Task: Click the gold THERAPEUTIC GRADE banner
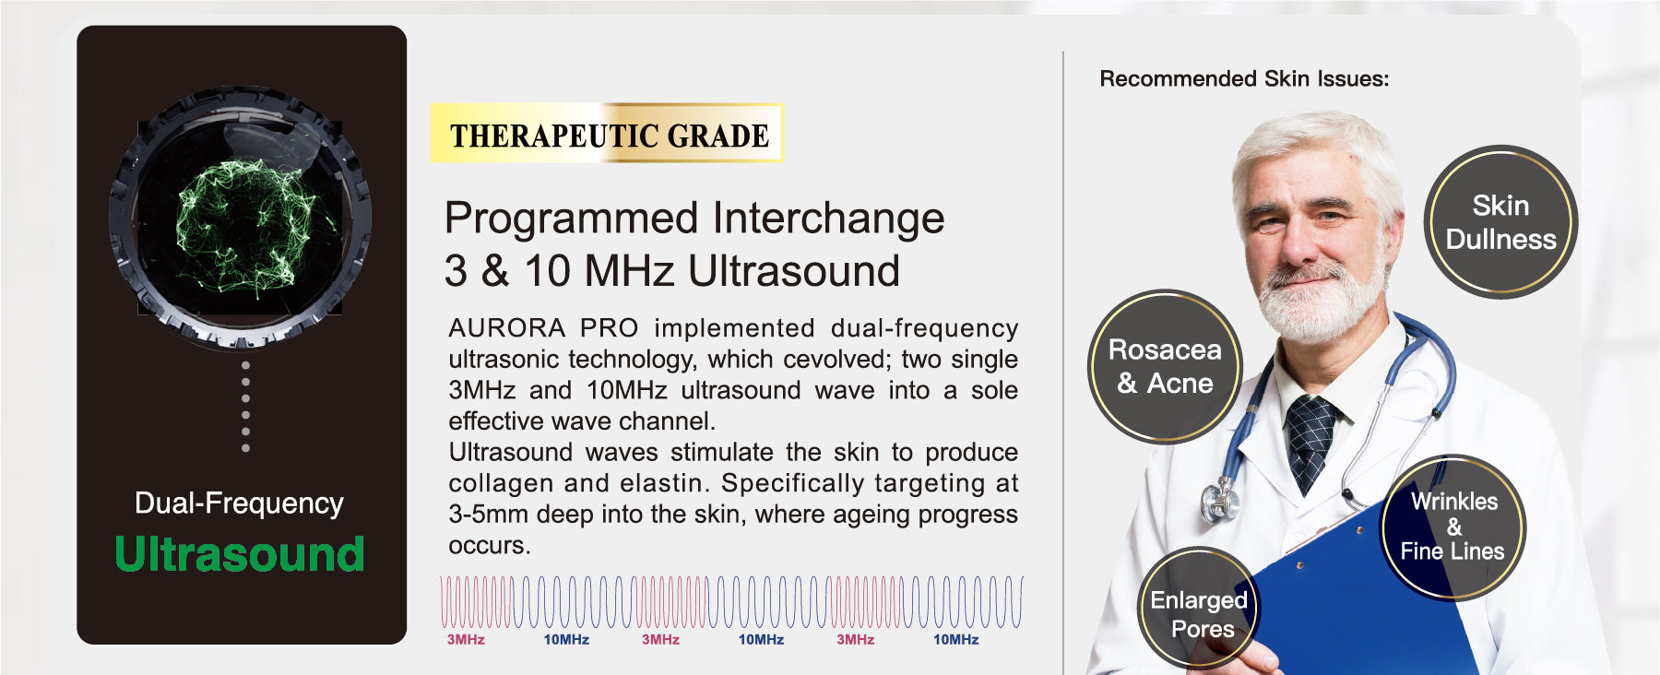coord(607,133)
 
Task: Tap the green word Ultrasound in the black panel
coord(240,554)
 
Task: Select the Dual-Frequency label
coord(239,503)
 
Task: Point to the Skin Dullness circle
coord(1500,222)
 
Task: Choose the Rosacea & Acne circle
coord(1165,366)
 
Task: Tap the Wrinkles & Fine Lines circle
coord(1452,527)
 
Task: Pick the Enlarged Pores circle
coord(1199,609)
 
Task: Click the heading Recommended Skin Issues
coord(1244,79)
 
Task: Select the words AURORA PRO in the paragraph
coord(543,328)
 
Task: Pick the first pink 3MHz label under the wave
coord(466,640)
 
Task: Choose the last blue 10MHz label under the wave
coord(955,640)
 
